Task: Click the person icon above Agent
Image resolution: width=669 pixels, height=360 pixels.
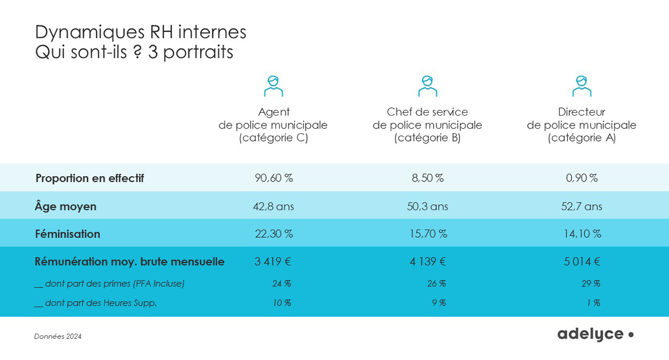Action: pos(273,86)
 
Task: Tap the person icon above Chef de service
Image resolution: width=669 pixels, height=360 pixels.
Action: pos(427,86)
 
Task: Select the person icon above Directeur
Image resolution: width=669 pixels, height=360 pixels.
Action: pos(582,86)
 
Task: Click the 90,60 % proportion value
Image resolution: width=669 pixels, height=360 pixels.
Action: pos(273,178)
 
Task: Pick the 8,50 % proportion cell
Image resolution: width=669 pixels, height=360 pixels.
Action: pos(427,178)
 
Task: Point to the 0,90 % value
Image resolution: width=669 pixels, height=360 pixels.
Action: pos(582,178)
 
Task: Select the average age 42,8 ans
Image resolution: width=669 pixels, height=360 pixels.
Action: pos(273,206)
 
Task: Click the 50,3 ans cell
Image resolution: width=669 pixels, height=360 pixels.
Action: pos(427,206)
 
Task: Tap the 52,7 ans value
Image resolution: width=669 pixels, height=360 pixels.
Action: pos(582,206)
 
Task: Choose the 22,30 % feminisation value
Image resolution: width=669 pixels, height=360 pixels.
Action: pos(273,234)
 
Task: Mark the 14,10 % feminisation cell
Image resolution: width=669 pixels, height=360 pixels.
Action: pos(582,234)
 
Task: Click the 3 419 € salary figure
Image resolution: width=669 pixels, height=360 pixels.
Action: pos(273,262)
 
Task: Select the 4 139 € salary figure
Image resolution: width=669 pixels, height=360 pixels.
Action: pos(427,262)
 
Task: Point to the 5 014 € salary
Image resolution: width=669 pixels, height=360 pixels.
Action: pos(582,262)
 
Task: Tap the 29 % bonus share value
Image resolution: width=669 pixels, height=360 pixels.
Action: pos(591,284)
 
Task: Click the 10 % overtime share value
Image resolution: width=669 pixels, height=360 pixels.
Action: pos(282,303)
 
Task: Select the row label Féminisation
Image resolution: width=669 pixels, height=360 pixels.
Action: pos(67,234)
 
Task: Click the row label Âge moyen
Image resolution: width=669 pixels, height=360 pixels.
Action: pos(66,206)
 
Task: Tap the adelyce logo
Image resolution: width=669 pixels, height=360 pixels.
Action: pos(595,334)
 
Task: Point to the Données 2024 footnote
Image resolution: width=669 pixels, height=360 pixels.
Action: pos(58,337)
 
